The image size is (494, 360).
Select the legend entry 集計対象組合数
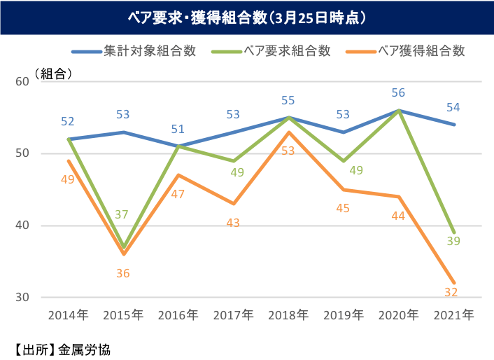[x=149, y=50]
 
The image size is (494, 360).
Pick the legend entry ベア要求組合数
[x=285, y=50]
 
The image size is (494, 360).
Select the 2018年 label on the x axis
[x=288, y=314]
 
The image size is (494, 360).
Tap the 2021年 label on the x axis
[x=453, y=314]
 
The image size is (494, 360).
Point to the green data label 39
[x=453, y=240]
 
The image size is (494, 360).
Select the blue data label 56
[x=399, y=92]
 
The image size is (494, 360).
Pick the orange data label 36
[x=123, y=273]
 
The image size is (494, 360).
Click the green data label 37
[x=121, y=214]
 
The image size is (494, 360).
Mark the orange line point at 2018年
[x=288, y=132]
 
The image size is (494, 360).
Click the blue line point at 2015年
[x=123, y=132]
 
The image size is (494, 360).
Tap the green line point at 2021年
[x=453, y=233]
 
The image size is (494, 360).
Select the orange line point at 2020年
[x=399, y=197]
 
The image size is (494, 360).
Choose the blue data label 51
[x=178, y=129]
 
